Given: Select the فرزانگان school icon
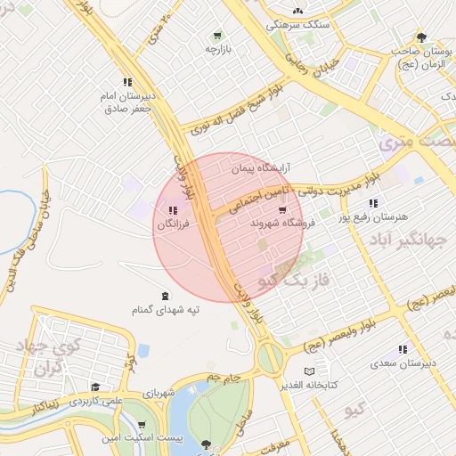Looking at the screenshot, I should pyautogui.click(x=171, y=211).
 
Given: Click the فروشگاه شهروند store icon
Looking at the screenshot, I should pyautogui.click(x=282, y=211).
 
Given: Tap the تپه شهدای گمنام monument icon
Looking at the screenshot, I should pyautogui.click(x=165, y=296).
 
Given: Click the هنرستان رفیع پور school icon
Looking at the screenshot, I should pyautogui.click(x=373, y=202).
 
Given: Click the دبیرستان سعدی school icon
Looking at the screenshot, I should pyautogui.click(x=403, y=350).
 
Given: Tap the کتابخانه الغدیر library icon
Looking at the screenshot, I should pyautogui.click(x=309, y=371).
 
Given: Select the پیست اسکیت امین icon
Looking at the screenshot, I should pyautogui.click(x=143, y=427).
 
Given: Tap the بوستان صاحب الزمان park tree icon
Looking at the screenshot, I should pyautogui.click(x=421, y=37).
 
